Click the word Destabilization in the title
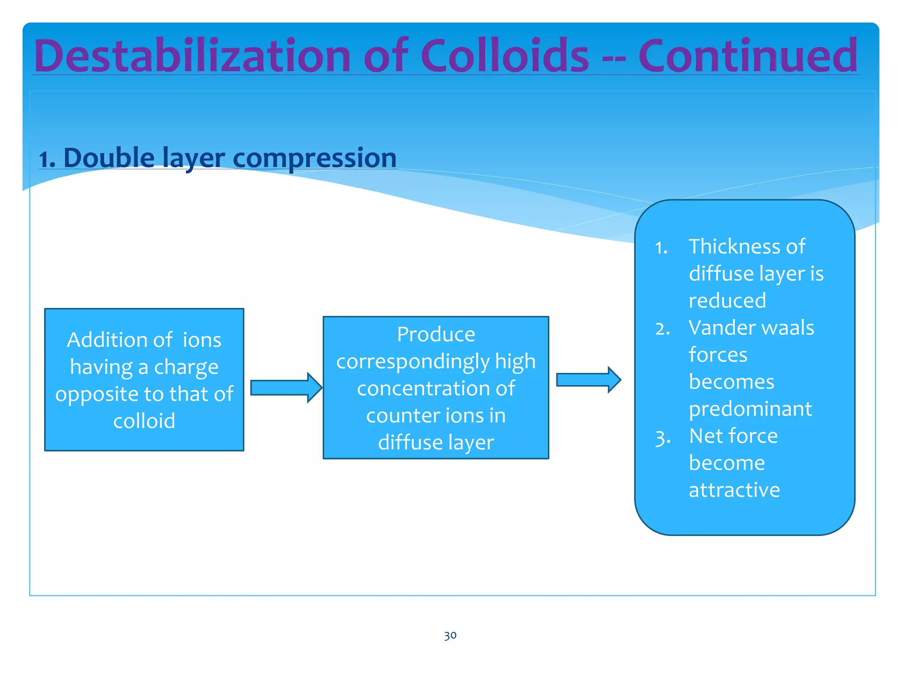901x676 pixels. pos(192,56)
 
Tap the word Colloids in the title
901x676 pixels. pos(505,56)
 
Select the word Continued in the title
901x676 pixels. pos(747,56)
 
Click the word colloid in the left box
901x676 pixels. pos(144,421)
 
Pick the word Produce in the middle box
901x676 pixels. pos(436,334)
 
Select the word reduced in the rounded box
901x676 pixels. pos(727,301)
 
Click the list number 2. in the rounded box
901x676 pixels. pos(663,329)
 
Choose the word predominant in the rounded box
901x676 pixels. pos(750,409)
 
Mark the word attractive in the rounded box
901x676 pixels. pos(734,490)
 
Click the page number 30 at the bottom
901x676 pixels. pos(450,635)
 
